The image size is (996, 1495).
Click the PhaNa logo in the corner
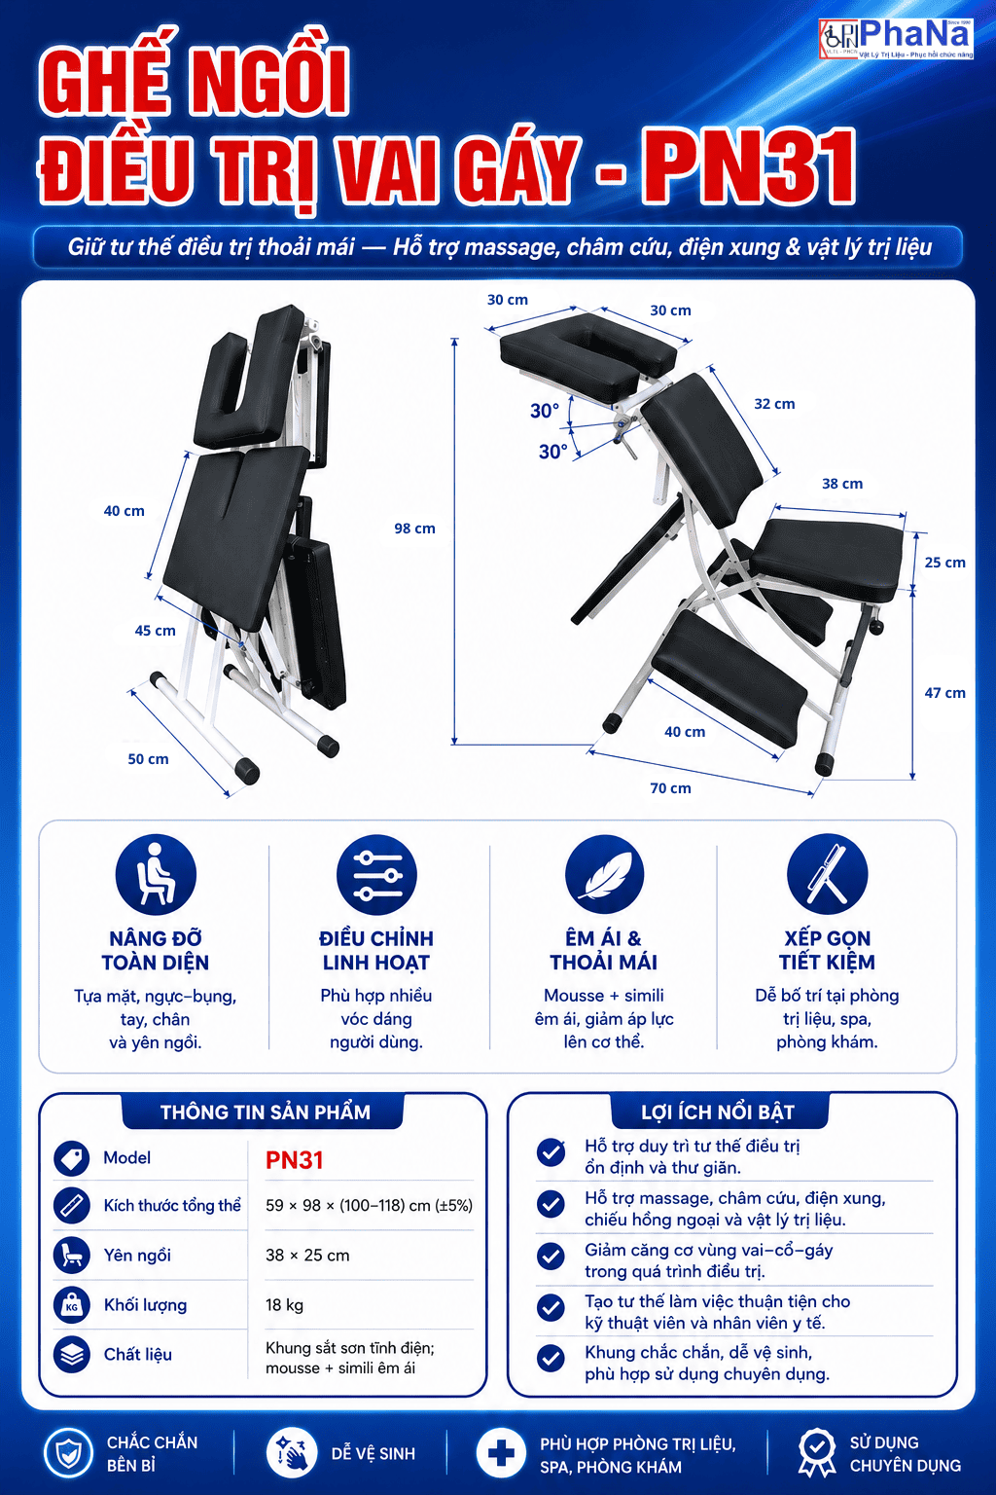pyautogui.click(x=896, y=39)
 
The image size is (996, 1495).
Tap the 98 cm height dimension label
pyautogui.click(x=414, y=528)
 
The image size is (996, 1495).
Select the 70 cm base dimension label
pyautogui.click(x=670, y=788)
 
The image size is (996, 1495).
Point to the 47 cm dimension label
pyautogui.click(x=944, y=693)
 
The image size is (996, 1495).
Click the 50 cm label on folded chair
pyautogui.click(x=148, y=759)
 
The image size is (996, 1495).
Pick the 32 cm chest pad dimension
pyautogui.click(x=774, y=404)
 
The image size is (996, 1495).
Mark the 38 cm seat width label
pyautogui.click(x=842, y=483)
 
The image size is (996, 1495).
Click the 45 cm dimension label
pyautogui.click(x=155, y=631)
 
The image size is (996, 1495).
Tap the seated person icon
pyautogui.click(x=156, y=875)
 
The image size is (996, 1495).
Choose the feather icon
pyautogui.click(x=604, y=875)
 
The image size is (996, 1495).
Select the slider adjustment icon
pyautogui.click(x=376, y=875)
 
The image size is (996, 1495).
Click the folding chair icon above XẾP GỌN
pyautogui.click(x=827, y=875)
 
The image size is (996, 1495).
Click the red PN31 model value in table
pyautogui.click(x=294, y=1160)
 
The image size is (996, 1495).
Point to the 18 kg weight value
pyautogui.click(x=284, y=1305)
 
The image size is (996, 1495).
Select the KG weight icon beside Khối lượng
pyautogui.click(x=71, y=1305)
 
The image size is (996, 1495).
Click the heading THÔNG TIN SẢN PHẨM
pyautogui.click(x=266, y=1112)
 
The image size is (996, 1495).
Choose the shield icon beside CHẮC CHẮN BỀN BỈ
pyautogui.click(x=68, y=1453)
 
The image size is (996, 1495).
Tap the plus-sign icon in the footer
pyautogui.click(x=501, y=1453)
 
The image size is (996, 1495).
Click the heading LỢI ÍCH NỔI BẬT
pyautogui.click(x=718, y=1112)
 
